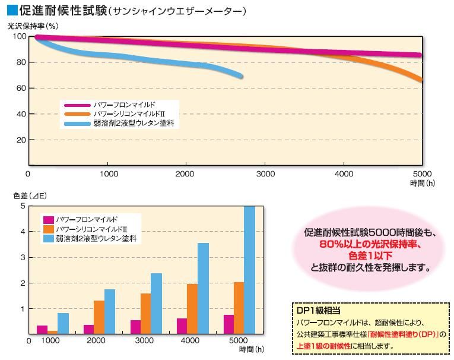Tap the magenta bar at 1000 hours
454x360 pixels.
(x=42, y=330)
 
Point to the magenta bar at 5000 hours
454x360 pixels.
(x=227, y=324)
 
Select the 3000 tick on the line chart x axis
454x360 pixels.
(x=265, y=174)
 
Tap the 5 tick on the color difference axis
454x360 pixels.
(x=22, y=206)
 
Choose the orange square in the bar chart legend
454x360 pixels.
(x=46, y=229)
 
